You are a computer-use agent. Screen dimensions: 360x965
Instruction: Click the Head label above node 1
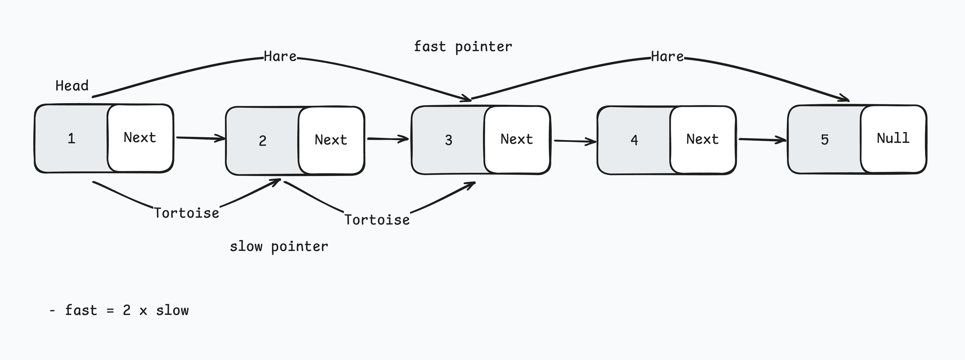[72, 86]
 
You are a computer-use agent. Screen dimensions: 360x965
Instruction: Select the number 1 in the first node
[71, 139]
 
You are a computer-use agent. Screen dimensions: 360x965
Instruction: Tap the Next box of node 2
[331, 140]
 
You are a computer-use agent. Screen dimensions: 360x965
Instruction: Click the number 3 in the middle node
[448, 140]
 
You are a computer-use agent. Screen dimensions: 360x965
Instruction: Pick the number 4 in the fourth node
[634, 140]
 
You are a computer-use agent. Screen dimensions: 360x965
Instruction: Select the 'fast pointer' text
[463, 47]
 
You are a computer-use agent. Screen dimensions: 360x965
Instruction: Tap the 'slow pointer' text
[279, 246]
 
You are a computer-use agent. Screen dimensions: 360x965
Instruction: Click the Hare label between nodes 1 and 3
[280, 57]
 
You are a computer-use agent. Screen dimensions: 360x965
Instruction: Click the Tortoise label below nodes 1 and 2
[186, 213]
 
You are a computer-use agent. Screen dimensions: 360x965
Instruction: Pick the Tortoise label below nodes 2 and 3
[377, 219]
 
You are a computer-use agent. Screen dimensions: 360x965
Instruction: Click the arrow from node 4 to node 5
[762, 140]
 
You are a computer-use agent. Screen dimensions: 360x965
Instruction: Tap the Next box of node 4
[702, 139]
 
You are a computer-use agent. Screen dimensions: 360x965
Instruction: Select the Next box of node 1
[140, 138]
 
